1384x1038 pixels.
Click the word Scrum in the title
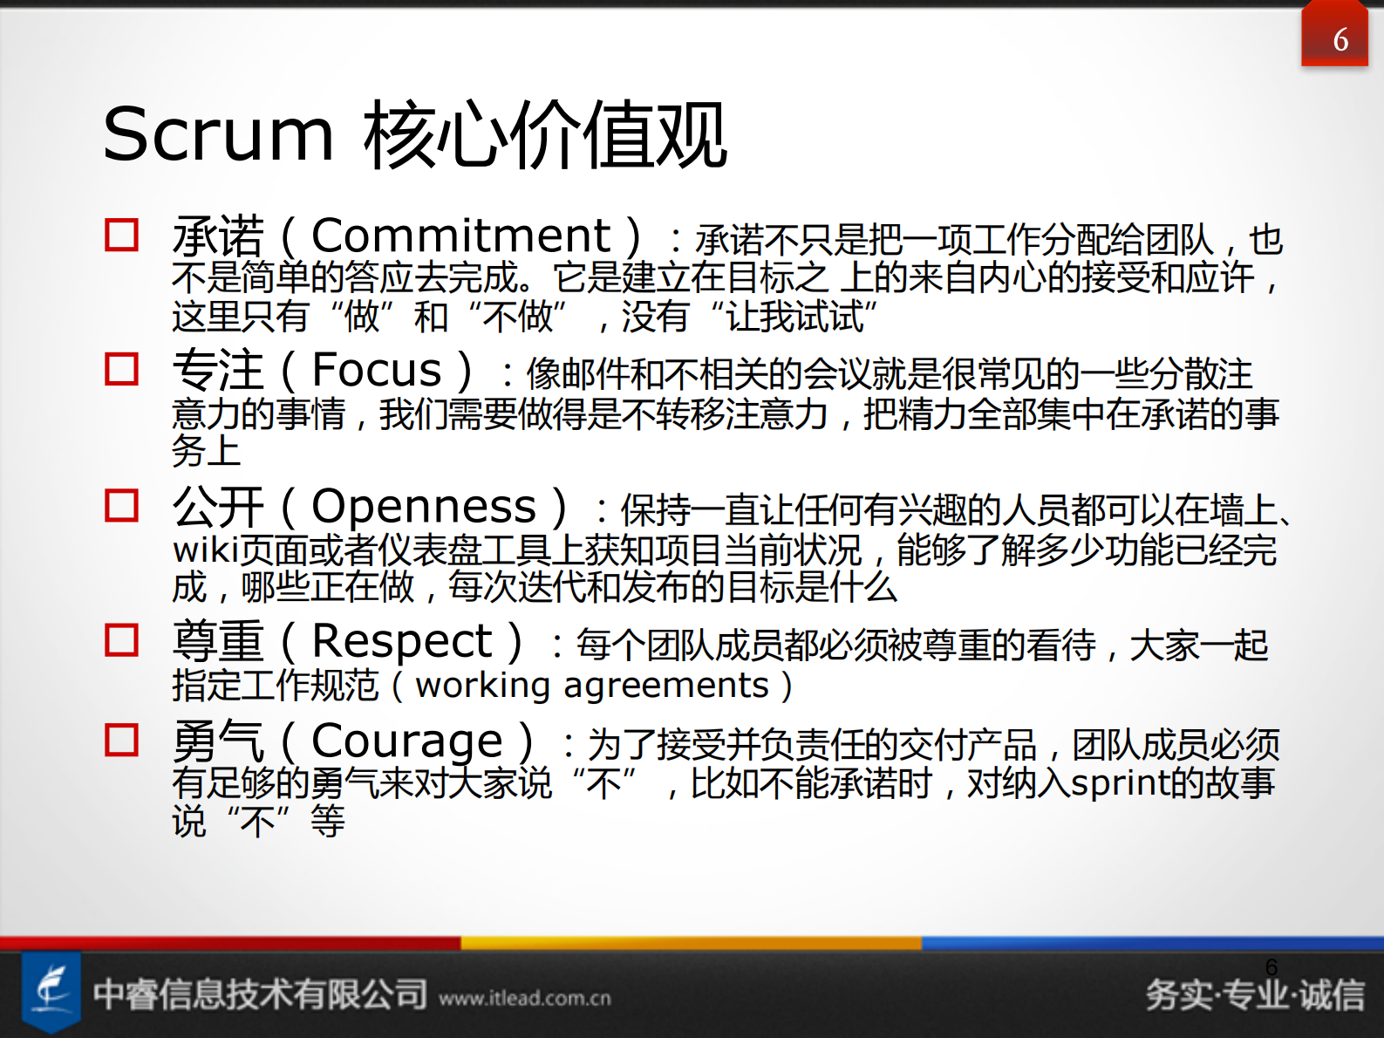tap(218, 135)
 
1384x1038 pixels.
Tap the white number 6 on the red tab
tap(1340, 40)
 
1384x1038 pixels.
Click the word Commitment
tap(460, 236)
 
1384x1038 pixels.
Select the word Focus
tap(377, 371)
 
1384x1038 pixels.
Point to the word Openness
tap(424, 507)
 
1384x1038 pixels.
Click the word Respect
tap(402, 642)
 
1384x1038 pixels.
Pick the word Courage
tap(407, 742)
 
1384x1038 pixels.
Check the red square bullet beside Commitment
tap(122, 235)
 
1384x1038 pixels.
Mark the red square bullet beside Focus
tap(122, 369)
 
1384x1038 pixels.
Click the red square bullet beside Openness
tap(122, 505)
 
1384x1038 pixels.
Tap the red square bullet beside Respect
tap(122, 640)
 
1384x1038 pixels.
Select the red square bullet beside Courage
tap(122, 741)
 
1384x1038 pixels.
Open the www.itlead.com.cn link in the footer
tap(525, 998)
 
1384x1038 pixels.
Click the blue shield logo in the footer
tap(51, 992)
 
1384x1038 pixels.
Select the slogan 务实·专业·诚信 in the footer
tap(1255, 995)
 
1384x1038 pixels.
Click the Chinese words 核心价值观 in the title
tap(545, 135)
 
